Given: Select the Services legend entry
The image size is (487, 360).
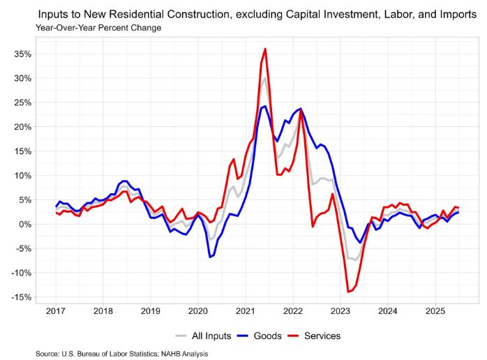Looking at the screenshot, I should pyautogui.click(x=322, y=336).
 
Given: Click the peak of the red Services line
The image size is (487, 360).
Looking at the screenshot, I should pyautogui.click(x=265, y=49).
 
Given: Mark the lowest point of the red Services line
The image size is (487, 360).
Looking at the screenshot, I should pyautogui.click(x=347, y=292).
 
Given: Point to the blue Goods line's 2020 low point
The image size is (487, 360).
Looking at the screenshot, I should pyautogui.click(x=209, y=257).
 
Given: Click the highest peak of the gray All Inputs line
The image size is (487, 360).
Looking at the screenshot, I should pyautogui.click(x=264, y=77).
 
